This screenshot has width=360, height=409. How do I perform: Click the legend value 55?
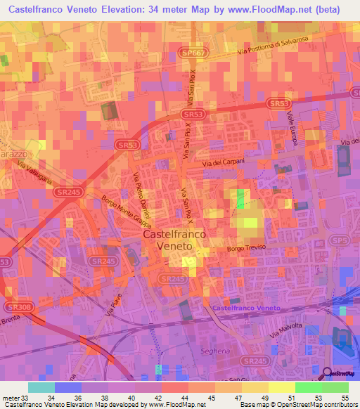[x=346, y=398]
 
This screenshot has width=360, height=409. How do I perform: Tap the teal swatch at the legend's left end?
[x=41, y=387]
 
